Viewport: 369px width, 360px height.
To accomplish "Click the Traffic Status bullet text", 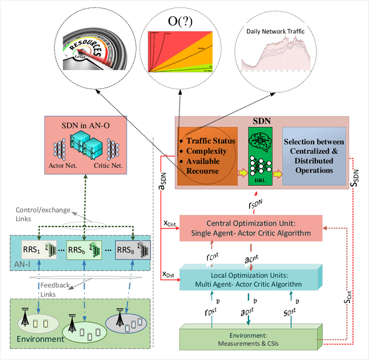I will (208, 140).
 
